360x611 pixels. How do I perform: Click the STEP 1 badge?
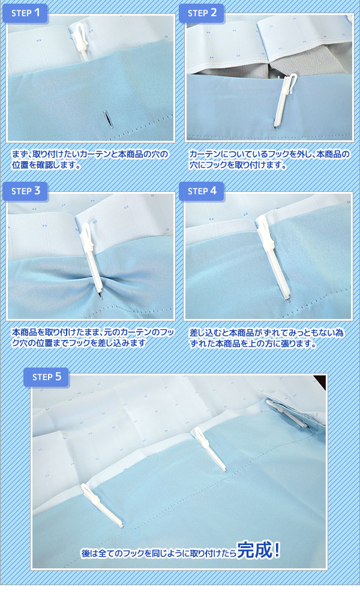[25, 13]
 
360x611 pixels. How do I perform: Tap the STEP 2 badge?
[202, 13]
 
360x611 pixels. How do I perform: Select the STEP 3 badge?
[25, 191]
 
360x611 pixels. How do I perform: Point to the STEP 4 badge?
[202, 191]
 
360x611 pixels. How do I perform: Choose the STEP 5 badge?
[46, 377]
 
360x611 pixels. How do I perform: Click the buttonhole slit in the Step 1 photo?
[107, 119]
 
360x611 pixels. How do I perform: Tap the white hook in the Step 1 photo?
[80, 41]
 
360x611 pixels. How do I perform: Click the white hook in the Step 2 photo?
[284, 100]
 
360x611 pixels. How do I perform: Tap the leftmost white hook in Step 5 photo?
[102, 505]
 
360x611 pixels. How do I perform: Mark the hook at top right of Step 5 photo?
[288, 413]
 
